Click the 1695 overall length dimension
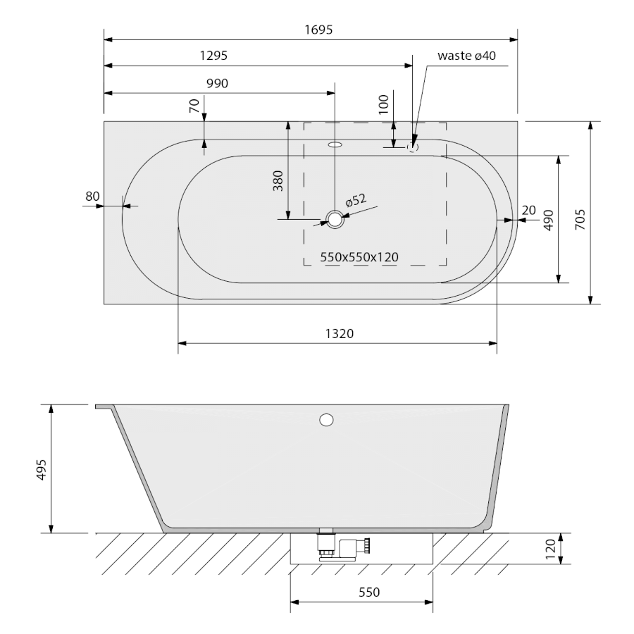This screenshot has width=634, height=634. pos(318,30)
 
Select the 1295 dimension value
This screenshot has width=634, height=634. pos(213,56)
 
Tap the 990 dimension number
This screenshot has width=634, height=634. pos(217,83)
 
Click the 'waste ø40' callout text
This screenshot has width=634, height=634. pos(466,56)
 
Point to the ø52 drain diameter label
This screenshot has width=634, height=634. pos(356,200)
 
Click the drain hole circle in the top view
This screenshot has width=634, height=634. pos(335,219)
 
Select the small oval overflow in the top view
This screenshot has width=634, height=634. pos(335,144)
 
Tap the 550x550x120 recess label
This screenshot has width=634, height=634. pos(359,257)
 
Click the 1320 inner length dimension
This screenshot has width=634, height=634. pos(340,334)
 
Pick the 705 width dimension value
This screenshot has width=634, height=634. pos(580,220)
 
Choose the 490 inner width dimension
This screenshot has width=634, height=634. pos(548,220)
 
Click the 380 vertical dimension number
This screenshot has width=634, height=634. pos(278,181)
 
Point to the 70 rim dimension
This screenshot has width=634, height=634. pos(194,106)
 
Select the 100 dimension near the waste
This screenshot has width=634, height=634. pos(383,104)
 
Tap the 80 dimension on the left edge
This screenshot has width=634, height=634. pos(92,196)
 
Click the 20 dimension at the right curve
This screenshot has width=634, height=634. pos(528,210)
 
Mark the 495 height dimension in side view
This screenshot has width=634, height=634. pos(42,469)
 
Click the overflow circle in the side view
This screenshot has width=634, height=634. pos(326,420)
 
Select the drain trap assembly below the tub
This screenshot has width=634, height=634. pos(343,545)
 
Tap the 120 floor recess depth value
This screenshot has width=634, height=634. pos(551,549)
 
